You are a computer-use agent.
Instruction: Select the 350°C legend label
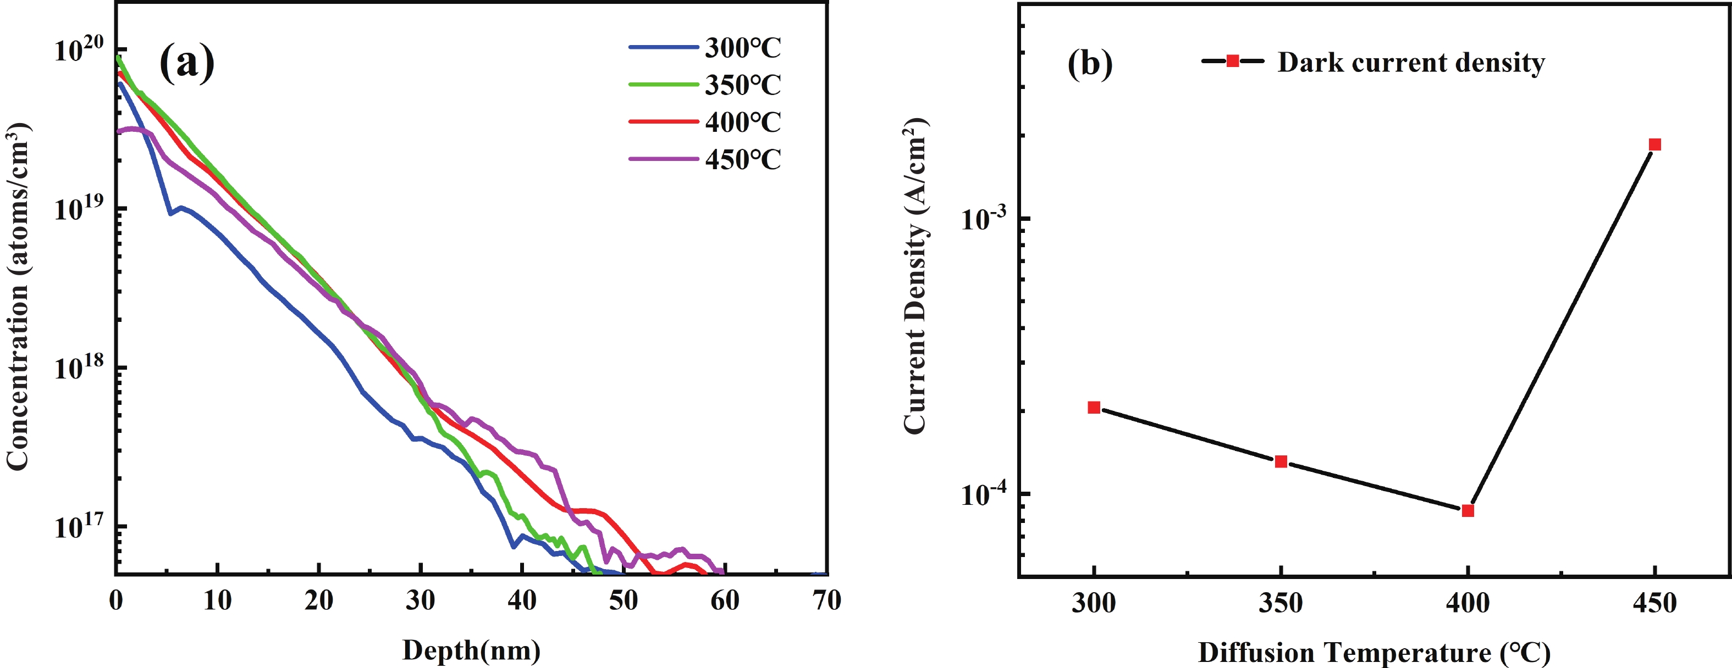(x=742, y=85)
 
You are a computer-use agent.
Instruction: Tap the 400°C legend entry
(x=742, y=123)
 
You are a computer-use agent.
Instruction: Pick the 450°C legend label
(x=742, y=160)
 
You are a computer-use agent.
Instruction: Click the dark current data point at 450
(x=1654, y=144)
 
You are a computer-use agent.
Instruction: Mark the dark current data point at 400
(x=1468, y=511)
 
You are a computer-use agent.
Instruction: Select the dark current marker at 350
(x=1281, y=461)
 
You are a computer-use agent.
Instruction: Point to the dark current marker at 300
(x=1094, y=407)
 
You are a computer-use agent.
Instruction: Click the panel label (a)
(x=186, y=63)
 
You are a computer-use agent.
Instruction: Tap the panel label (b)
(x=1090, y=63)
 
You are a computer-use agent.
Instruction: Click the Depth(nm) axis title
(x=471, y=650)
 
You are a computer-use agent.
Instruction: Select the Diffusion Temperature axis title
(x=1374, y=653)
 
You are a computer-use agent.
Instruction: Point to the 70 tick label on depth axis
(x=826, y=600)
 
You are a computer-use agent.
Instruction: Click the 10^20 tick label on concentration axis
(x=79, y=48)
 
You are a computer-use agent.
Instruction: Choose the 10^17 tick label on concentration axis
(x=79, y=526)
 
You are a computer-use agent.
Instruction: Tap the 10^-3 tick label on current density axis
(x=984, y=219)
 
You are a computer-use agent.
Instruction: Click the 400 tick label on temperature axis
(x=1468, y=603)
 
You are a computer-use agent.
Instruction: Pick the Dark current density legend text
(x=1410, y=63)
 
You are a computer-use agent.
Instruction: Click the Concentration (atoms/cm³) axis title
(x=18, y=296)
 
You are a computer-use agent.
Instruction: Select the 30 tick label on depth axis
(x=420, y=600)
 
